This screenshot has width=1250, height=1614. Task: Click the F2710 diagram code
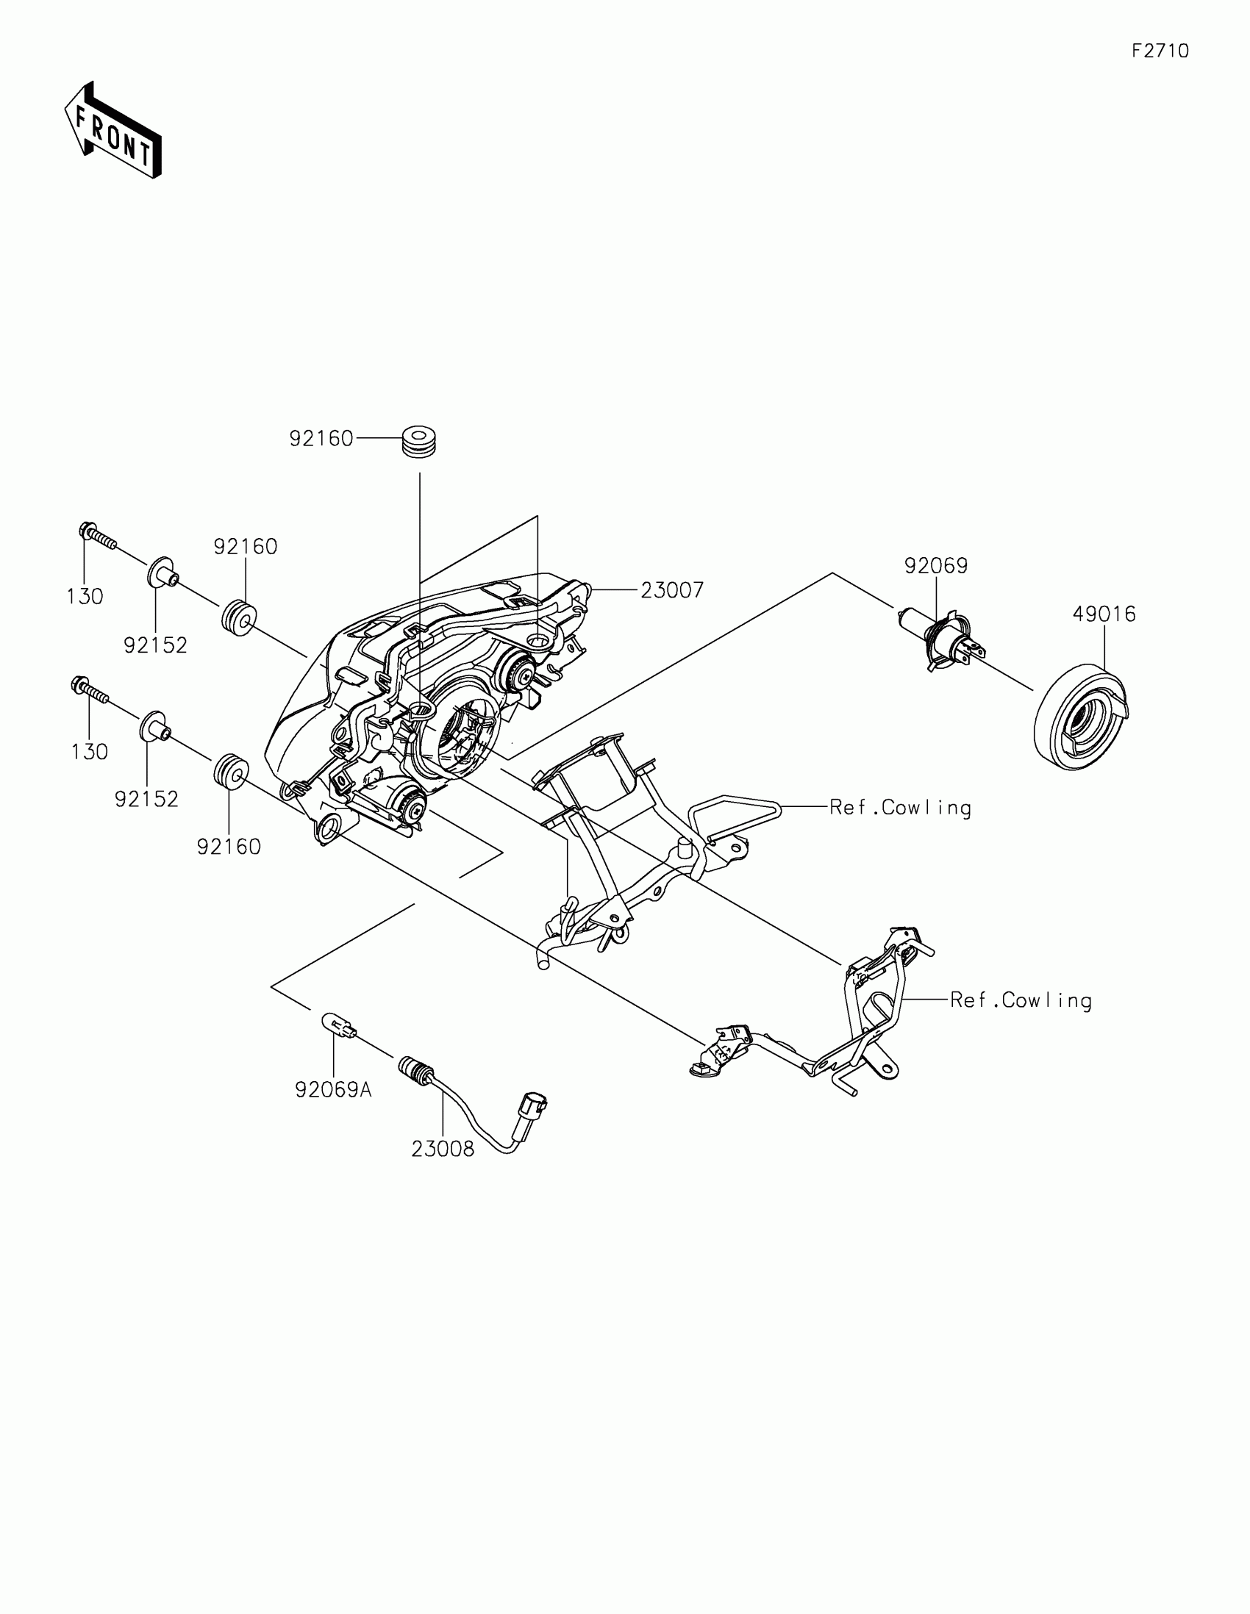[x=1160, y=51]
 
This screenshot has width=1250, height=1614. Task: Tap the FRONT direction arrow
[x=113, y=132]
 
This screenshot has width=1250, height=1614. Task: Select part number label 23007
[x=672, y=589]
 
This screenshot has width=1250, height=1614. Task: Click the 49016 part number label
[x=1104, y=614]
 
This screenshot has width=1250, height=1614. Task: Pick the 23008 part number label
[x=443, y=1149]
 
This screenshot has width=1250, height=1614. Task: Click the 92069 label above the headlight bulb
[x=936, y=565]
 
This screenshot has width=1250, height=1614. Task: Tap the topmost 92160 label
[x=321, y=438]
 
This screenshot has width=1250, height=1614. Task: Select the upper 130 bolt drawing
[x=97, y=537]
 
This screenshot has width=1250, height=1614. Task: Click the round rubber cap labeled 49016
[x=1081, y=718]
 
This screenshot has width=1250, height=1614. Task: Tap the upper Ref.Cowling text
[x=899, y=807]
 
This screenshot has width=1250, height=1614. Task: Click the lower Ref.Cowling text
[x=1021, y=1000]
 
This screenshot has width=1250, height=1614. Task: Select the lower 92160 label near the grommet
[x=229, y=846]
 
